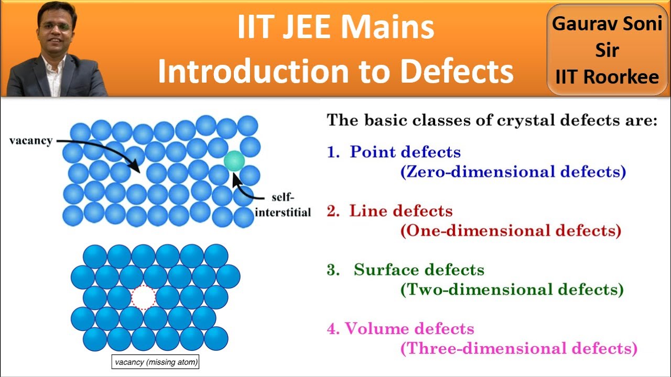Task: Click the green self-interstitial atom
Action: tap(234, 161)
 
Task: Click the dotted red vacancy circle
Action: tap(143, 298)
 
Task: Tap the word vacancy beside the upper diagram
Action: tap(30, 141)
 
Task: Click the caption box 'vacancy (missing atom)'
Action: tap(157, 362)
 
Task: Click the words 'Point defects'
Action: tap(405, 152)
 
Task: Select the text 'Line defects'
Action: tap(401, 211)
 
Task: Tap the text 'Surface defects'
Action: tap(419, 270)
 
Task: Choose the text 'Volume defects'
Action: tap(409, 329)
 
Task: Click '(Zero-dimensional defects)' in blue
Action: tap(513, 172)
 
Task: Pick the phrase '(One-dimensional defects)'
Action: tap(511, 231)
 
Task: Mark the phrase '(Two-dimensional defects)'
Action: tap(512, 290)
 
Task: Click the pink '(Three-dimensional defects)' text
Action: tap(518, 349)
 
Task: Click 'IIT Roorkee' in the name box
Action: tap(607, 77)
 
